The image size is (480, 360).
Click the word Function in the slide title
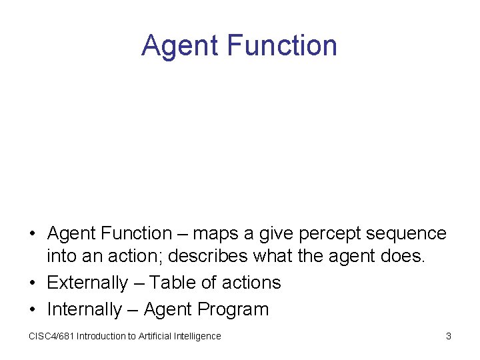282,45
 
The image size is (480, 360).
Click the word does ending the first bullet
404,257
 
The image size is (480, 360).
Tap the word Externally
87,283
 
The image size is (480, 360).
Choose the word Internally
84,309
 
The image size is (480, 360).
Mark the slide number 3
449,336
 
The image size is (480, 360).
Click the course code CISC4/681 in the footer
51,336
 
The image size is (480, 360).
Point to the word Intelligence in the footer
197,336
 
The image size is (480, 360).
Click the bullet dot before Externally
32,283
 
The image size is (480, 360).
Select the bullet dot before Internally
32,310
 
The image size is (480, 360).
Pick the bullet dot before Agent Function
32,234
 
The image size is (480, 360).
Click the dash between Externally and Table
138,283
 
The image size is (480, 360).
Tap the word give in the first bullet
277,233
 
